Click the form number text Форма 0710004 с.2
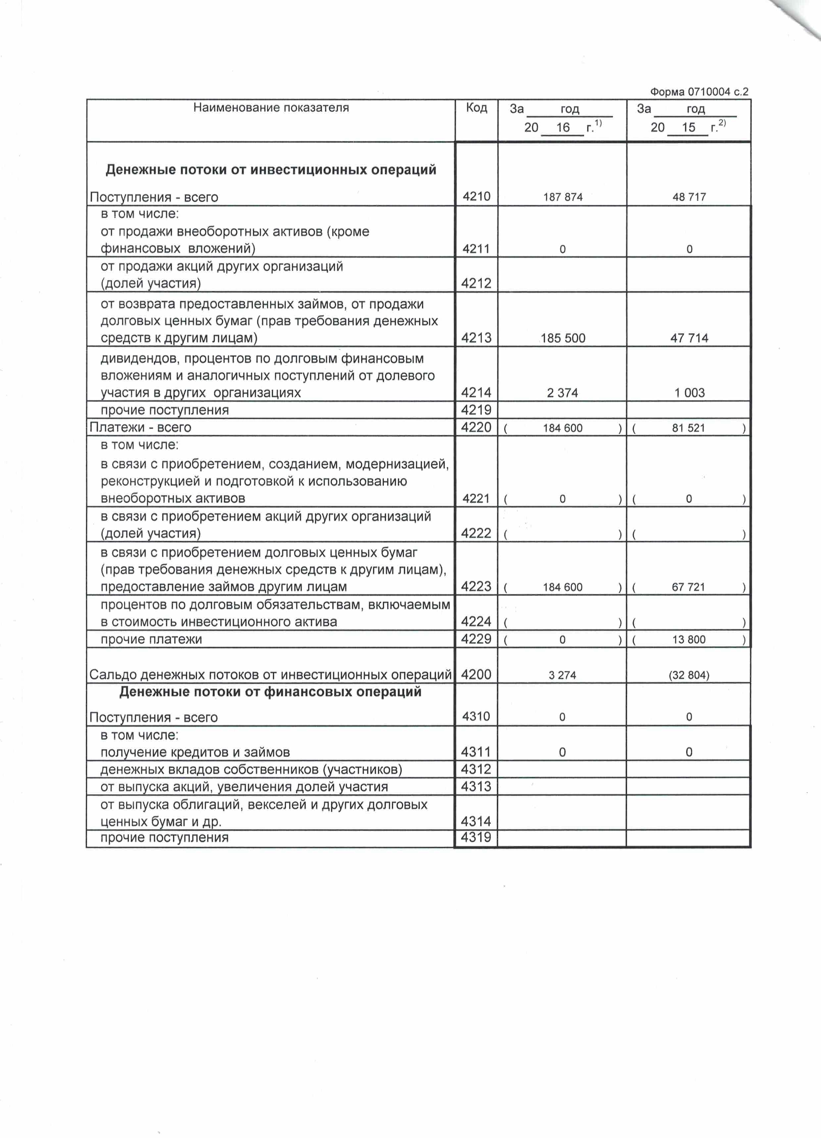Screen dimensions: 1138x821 699,92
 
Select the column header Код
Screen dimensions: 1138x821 476,108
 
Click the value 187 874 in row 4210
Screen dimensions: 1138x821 563,197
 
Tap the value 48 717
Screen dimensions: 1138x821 689,197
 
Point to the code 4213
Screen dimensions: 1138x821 476,338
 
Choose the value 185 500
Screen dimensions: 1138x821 563,338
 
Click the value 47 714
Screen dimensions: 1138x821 689,338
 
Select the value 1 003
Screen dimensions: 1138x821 689,393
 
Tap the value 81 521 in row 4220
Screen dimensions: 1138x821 688,428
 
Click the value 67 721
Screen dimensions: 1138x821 688,587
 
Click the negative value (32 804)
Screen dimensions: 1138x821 689,675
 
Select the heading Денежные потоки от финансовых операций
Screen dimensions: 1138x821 270,692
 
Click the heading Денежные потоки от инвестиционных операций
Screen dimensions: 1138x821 271,170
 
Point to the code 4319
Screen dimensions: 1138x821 476,837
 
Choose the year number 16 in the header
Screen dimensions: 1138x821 563,128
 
